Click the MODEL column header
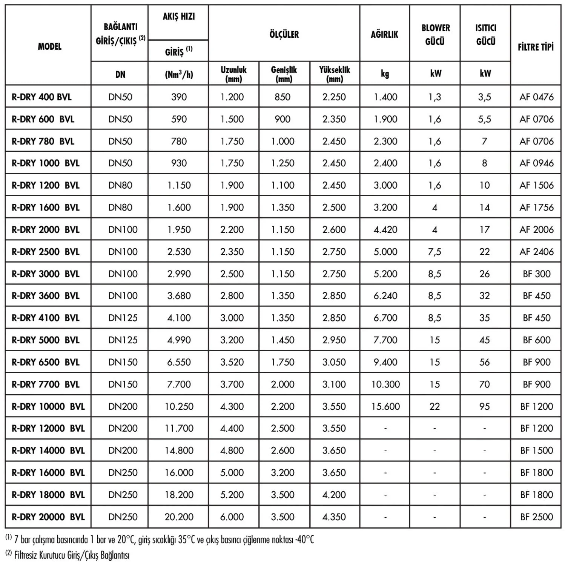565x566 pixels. click(x=49, y=47)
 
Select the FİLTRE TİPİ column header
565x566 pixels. click(x=536, y=47)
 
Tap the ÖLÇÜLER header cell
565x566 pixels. click(x=284, y=34)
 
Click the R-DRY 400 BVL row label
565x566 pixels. click(x=41, y=97)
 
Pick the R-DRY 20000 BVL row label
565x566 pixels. click(x=48, y=517)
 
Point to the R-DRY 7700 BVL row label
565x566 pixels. click(x=46, y=384)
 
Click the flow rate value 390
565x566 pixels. click(x=179, y=97)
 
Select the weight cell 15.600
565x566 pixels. click(x=385, y=406)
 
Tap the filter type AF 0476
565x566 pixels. click(x=536, y=97)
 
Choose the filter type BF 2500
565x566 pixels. click(x=536, y=517)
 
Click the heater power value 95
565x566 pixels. click(x=485, y=406)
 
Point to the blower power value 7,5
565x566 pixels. click(x=434, y=252)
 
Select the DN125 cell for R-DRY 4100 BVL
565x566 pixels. click(x=123, y=318)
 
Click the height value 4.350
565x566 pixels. click(x=334, y=517)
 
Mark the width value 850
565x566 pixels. click(x=282, y=97)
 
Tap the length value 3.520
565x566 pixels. click(x=232, y=362)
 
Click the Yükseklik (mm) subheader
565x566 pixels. click(x=335, y=74)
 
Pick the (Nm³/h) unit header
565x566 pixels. click(x=179, y=74)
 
